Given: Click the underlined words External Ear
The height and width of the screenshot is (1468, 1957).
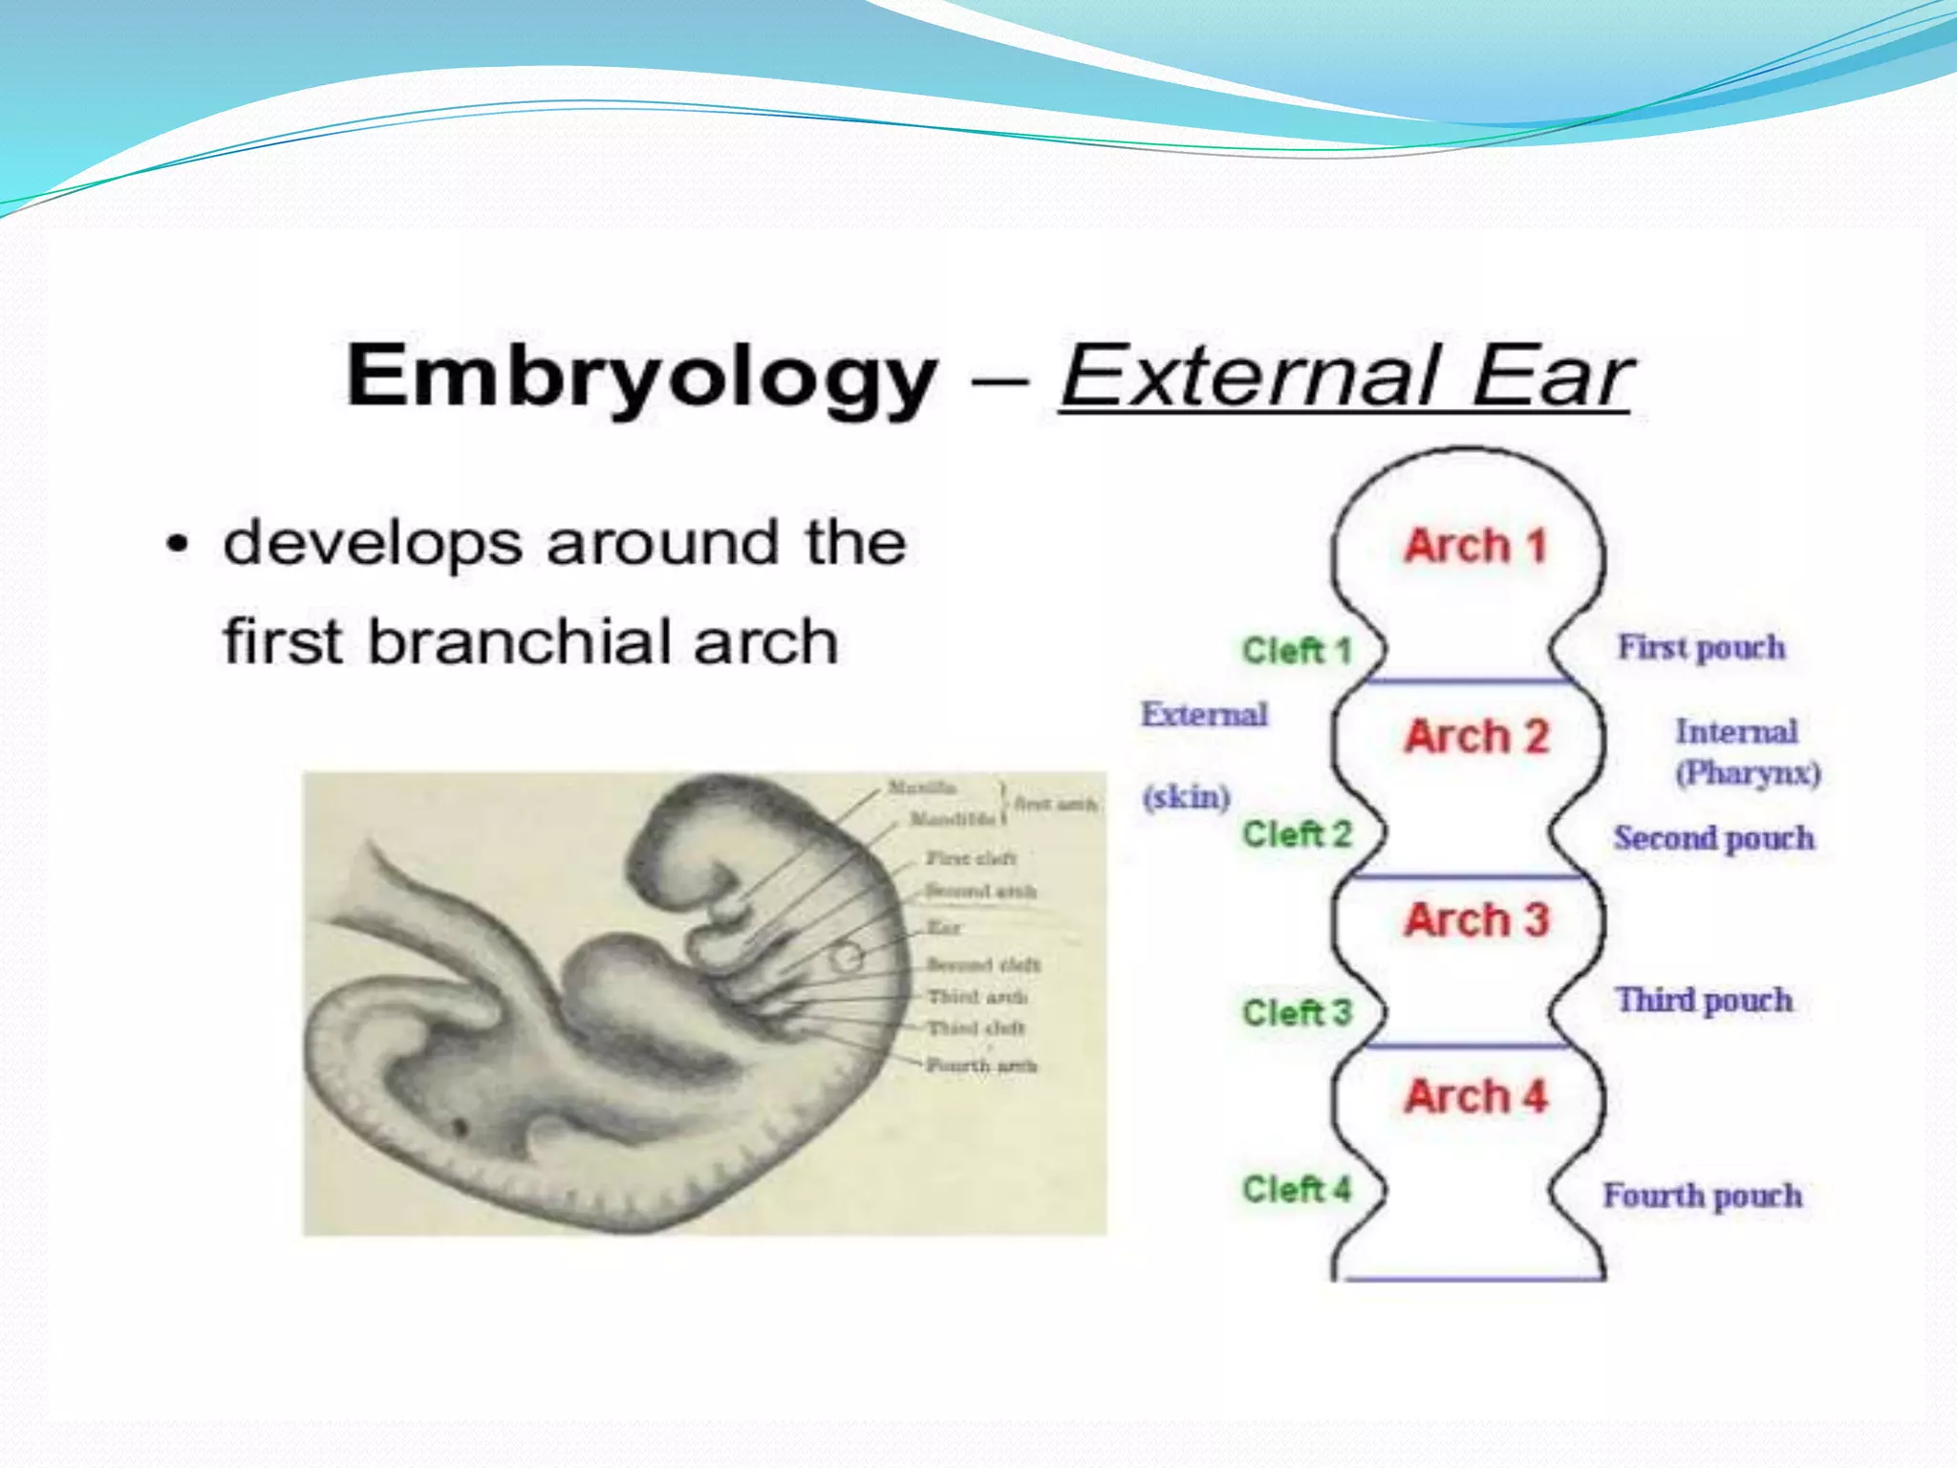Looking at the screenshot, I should pyautogui.click(x=1345, y=377).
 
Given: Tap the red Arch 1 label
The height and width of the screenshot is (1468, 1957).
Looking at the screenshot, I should pyautogui.click(x=1474, y=547).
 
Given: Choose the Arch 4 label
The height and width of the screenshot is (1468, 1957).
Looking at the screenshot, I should pyautogui.click(x=1475, y=1096).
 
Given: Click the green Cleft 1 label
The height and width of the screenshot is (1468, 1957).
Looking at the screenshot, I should pyautogui.click(x=1297, y=651).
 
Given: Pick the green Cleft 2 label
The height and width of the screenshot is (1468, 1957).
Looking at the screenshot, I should pyautogui.click(x=1297, y=834).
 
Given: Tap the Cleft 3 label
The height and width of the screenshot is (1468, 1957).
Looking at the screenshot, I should pyautogui.click(x=1297, y=1012).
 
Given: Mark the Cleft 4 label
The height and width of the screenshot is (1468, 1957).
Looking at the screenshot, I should pyautogui.click(x=1297, y=1190).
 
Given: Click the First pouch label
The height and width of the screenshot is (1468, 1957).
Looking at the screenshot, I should pyautogui.click(x=1701, y=647).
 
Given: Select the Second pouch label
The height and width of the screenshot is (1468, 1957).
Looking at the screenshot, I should pyautogui.click(x=1714, y=838).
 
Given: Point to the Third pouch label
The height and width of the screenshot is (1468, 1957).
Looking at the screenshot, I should pyautogui.click(x=1705, y=1000).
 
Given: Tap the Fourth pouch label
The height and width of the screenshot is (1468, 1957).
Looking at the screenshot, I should pyautogui.click(x=1703, y=1196).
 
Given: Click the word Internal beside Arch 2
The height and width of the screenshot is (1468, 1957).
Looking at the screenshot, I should pyautogui.click(x=1736, y=732).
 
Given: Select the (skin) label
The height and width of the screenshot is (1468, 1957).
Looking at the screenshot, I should pyautogui.click(x=1186, y=796).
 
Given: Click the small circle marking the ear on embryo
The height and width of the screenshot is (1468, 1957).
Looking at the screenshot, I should pyautogui.click(x=846, y=957).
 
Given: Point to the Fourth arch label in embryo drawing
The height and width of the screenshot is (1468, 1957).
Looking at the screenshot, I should pyautogui.click(x=981, y=1066).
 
